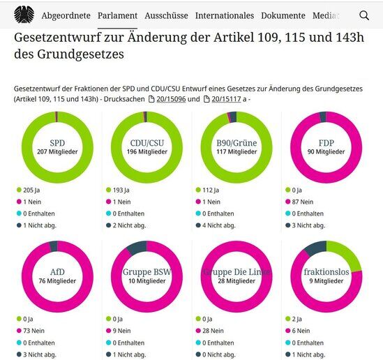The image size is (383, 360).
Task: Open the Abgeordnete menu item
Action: (65, 15)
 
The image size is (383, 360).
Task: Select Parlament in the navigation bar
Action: (117, 15)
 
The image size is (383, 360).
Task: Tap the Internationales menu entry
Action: (225, 15)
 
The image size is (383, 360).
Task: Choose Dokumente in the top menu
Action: (283, 15)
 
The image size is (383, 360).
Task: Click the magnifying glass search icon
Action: (364, 15)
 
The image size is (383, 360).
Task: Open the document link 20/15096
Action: (164, 100)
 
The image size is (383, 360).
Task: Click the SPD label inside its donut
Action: (57, 142)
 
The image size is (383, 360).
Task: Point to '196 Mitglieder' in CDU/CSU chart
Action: (147, 151)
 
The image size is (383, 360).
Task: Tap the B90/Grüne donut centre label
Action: (236, 142)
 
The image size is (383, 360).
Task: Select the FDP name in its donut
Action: (326, 142)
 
